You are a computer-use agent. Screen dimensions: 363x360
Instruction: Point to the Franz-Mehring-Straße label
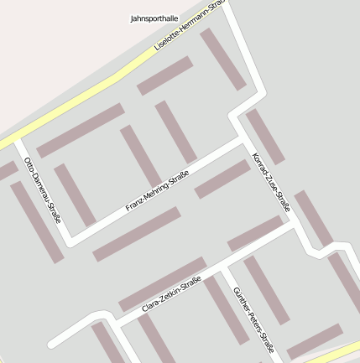click(157, 191)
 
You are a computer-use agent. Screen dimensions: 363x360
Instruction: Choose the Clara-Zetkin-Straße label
click(171, 296)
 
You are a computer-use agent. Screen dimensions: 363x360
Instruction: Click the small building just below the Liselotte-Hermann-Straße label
click(165, 75)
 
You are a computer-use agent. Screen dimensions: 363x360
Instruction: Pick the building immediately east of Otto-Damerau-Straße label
click(75, 194)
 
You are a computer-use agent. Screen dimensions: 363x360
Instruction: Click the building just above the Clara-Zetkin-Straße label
click(162, 284)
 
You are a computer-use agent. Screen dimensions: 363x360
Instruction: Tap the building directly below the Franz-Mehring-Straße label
click(137, 234)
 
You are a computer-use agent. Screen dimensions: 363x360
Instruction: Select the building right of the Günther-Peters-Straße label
click(266, 290)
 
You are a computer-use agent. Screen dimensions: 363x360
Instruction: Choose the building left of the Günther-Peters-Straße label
click(227, 309)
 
